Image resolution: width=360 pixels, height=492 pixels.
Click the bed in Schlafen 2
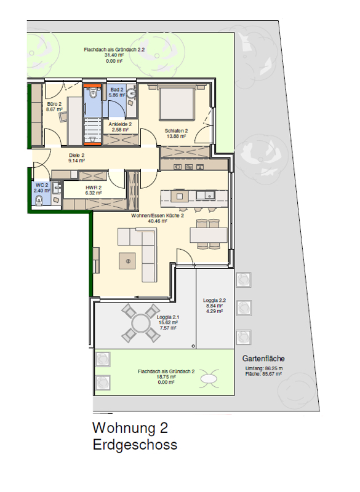tap(176, 103)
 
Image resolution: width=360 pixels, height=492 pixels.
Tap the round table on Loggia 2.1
tap(141, 323)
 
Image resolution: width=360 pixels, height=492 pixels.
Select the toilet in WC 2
tap(39, 200)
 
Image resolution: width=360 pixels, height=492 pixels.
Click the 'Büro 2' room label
tap(54, 104)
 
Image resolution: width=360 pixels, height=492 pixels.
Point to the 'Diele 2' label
tap(76, 156)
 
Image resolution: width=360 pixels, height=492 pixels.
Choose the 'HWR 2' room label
tap(94, 188)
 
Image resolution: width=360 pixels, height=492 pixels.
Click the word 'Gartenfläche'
tap(263, 359)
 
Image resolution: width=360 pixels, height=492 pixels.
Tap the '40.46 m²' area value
tap(158, 221)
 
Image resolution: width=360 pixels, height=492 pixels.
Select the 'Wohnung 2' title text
tap(130, 428)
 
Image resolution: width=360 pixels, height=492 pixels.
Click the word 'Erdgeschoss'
tap(135, 445)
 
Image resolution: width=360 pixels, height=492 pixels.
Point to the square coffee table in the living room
tap(127, 261)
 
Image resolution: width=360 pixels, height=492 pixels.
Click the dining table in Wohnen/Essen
tap(209, 235)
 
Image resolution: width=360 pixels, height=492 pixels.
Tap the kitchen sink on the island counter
tap(205, 196)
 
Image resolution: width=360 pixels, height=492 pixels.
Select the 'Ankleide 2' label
tap(120, 124)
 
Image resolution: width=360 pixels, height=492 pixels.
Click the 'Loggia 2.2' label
tap(214, 300)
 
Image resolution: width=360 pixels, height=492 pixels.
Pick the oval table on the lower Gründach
tap(209, 379)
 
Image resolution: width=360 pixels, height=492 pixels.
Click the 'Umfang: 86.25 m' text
tap(264, 368)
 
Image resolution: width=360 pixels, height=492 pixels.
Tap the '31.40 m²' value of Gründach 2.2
tap(114, 55)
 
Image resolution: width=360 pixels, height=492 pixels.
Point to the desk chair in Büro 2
tap(63, 116)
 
